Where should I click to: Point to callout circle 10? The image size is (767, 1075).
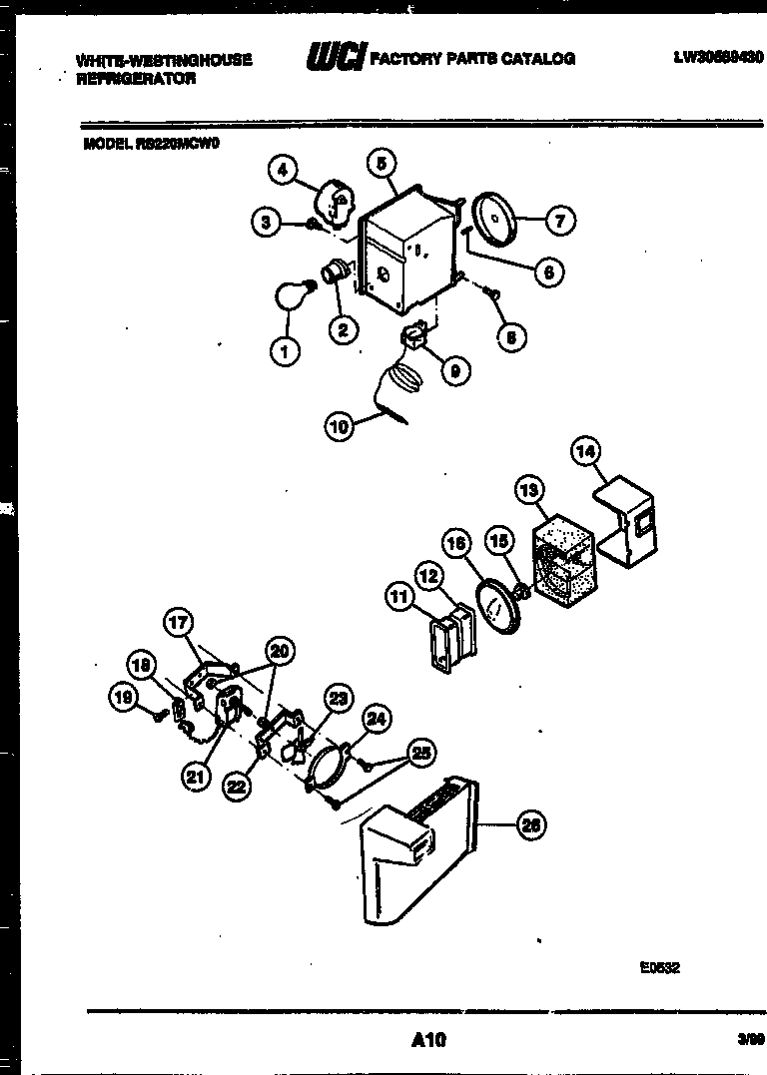339,427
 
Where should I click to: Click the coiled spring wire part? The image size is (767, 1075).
401,385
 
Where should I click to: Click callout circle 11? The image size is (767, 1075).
399,597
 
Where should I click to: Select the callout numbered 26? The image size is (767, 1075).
531,824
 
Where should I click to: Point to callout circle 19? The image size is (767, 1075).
123,700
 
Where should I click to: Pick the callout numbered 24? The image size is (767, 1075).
376,717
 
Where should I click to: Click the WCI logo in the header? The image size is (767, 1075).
336,59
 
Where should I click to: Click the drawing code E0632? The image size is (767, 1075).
660,966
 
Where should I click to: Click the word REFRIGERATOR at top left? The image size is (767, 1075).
137,79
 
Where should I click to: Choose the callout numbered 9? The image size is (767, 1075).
454,370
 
